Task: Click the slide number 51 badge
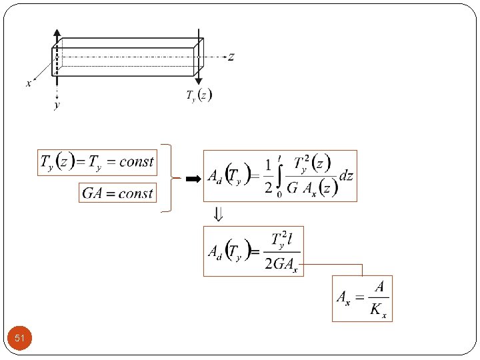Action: [20, 339]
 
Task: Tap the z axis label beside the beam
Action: [231, 57]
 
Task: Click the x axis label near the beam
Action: [29, 84]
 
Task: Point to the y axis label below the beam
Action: [57, 105]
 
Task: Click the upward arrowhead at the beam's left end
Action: [57, 33]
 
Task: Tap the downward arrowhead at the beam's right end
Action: [199, 80]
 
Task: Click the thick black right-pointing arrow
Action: [193, 179]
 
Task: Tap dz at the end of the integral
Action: [346, 176]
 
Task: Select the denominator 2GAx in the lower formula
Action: [281, 263]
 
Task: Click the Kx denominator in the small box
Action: [379, 311]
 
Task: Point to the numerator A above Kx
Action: [379, 287]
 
